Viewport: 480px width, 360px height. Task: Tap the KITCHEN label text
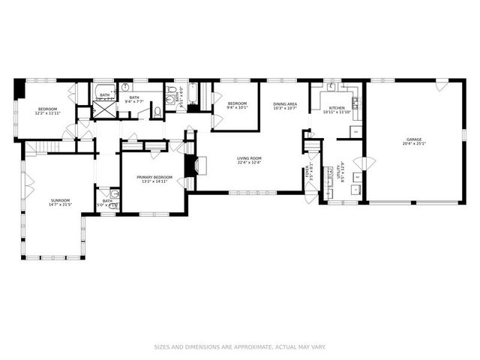[x=337, y=109]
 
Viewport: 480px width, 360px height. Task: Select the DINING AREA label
[x=286, y=104]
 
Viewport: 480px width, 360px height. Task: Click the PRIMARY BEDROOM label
[x=154, y=177]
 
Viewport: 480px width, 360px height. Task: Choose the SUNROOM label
[x=60, y=200]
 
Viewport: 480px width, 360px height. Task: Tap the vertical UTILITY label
[x=342, y=173]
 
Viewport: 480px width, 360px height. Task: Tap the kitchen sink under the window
[x=331, y=85]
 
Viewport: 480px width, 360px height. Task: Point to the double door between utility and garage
[x=364, y=163]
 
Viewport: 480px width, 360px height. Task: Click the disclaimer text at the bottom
[x=240, y=347]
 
